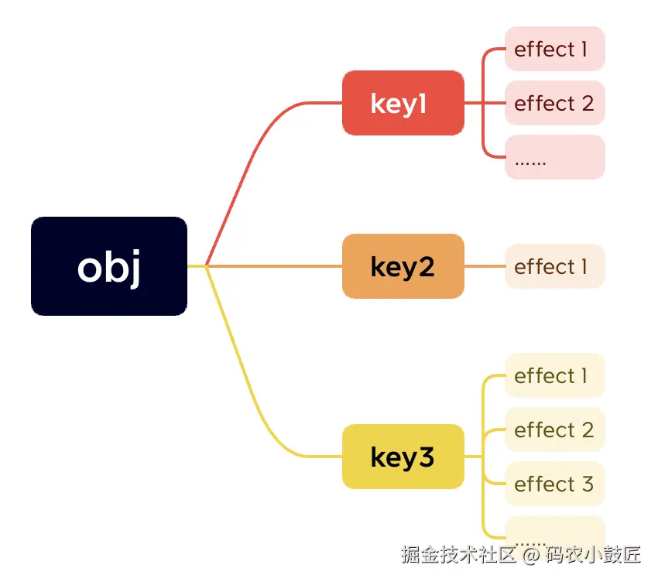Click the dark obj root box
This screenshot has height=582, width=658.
coord(109,266)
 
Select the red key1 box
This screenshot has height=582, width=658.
coord(403,103)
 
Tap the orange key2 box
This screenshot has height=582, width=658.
coord(403,266)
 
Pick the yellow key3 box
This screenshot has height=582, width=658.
coord(403,457)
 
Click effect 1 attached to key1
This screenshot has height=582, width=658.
coord(554,49)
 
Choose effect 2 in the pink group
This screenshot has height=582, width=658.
coord(554,103)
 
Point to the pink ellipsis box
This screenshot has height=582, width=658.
coord(554,157)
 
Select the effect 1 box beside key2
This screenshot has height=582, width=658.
coord(554,266)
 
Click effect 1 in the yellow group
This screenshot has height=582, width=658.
coord(554,375)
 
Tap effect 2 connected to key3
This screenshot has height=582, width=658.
coord(554,430)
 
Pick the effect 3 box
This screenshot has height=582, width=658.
coord(554,484)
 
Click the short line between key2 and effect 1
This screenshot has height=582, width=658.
coord(485,266)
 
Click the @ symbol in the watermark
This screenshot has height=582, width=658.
coord(531,555)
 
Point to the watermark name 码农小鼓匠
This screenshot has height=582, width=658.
coord(593,555)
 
